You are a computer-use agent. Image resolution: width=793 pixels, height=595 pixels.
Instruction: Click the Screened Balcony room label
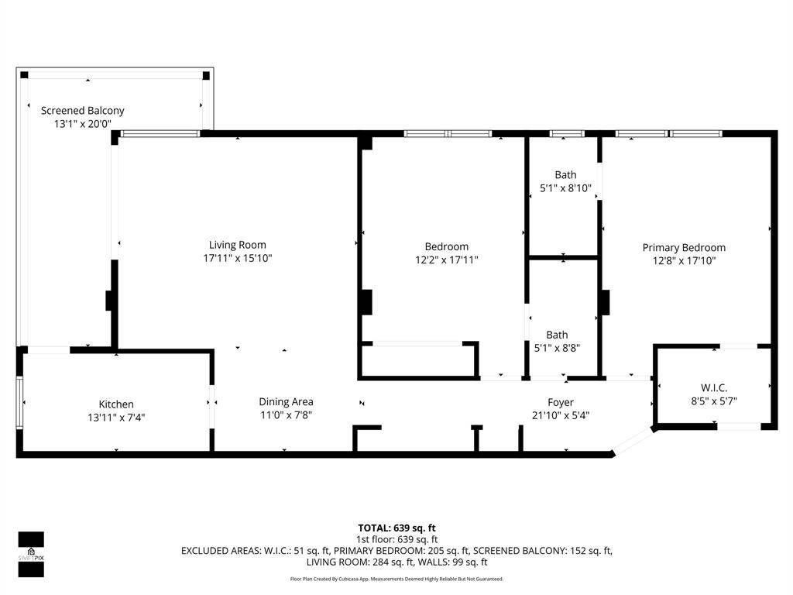coord(82,111)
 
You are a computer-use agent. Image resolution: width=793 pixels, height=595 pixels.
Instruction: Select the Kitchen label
coord(116,404)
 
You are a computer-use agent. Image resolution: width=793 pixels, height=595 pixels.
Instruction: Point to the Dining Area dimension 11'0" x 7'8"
coord(286,414)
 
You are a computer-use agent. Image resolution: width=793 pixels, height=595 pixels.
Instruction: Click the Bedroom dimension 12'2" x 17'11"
coord(446,260)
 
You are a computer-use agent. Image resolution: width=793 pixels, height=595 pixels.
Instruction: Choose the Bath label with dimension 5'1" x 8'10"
coord(565,175)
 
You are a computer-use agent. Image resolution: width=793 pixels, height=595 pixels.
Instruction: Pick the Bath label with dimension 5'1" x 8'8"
coord(557,335)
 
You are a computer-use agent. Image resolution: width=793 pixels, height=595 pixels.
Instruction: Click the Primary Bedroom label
coord(684,248)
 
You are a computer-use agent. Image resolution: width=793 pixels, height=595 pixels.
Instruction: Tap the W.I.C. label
coord(714,387)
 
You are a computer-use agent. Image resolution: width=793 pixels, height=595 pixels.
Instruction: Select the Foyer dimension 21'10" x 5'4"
coord(561,415)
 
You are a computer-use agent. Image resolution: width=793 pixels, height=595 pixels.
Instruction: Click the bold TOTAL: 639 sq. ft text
coord(396,528)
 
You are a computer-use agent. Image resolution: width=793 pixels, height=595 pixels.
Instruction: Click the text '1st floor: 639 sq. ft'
coord(396,539)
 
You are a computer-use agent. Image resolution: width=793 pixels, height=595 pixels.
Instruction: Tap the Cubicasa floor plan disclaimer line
coord(396,579)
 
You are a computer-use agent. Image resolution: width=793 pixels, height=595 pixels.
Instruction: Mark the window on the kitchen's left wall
coord(20,401)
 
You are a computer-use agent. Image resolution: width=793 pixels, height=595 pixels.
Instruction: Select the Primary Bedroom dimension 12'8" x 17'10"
coord(684,261)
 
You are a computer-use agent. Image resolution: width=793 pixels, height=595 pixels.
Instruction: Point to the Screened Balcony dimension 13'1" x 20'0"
coord(82,124)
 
